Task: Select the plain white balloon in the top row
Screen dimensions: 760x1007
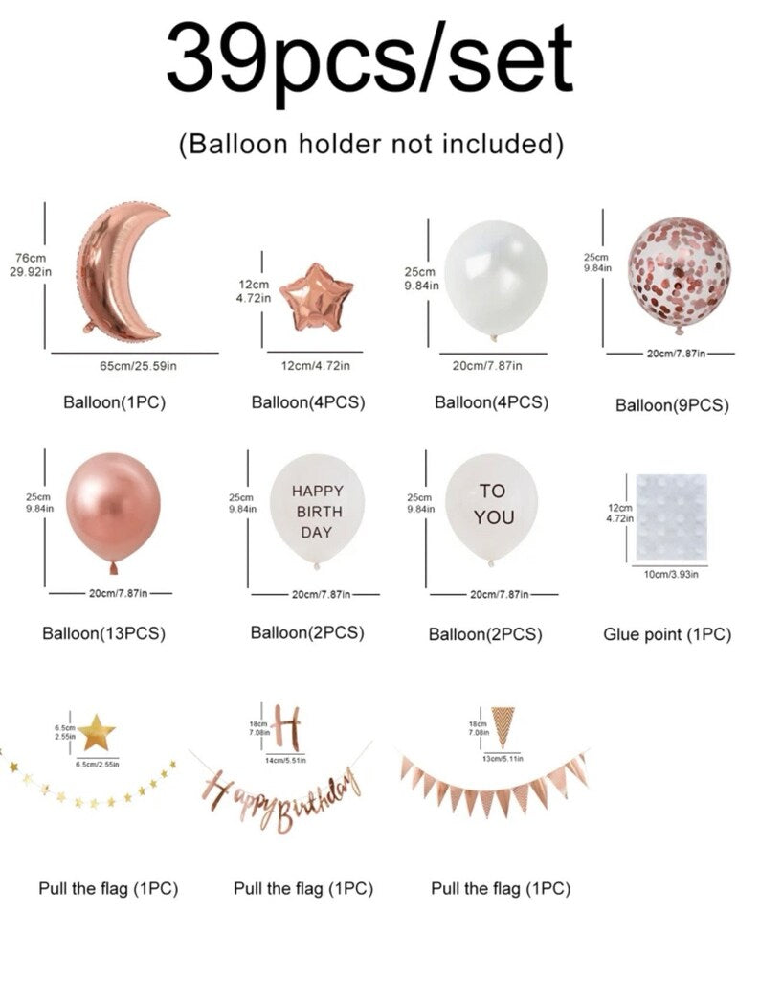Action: [x=495, y=279]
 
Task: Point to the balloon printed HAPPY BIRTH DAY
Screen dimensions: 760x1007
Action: [x=318, y=511]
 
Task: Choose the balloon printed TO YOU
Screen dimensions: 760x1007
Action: [x=492, y=509]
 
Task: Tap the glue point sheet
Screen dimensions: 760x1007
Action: [x=671, y=517]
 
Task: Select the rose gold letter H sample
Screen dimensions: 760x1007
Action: [x=287, y=727]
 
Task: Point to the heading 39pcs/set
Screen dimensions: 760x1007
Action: [x=369, y=59]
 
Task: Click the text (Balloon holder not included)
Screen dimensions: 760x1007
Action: [x=370, y=144]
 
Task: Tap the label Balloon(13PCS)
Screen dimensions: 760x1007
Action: [x=104, y=634]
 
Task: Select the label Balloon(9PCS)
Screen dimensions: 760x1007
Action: [x=672, y=406]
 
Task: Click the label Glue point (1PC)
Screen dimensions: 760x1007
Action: [x=667, y=634]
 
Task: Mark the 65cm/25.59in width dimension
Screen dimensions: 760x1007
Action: [x=138, y=366]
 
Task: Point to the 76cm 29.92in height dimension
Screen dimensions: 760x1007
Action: [x=30, y=264]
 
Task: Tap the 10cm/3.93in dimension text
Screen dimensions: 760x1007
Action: [x=671, y=574]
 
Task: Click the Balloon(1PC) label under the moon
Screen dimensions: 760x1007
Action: [x=114, y=402]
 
